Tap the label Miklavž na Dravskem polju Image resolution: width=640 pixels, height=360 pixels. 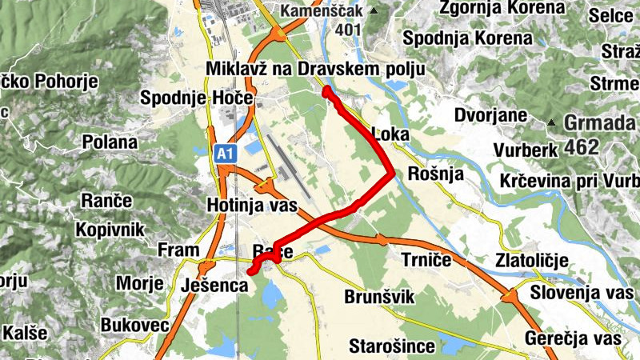(314, 70)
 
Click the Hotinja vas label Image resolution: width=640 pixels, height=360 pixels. (251, 206)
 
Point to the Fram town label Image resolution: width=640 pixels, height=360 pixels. (178, 250)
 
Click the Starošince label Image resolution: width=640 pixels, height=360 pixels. (392, 346)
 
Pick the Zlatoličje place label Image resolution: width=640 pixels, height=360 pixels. (531, 260)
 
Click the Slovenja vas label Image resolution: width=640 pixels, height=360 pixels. (575, 292)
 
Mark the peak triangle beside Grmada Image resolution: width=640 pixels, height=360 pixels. (551, 122)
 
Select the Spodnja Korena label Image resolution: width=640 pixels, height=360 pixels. (468, 38)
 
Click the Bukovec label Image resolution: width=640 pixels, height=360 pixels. (134, 326)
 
